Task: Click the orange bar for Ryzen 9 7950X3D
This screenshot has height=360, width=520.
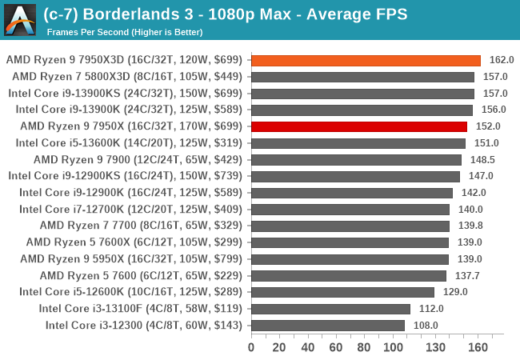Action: pyautogui.click(x=366, y=60)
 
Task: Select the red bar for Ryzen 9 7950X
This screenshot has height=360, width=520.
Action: pyautogui.click(x=358, y=126)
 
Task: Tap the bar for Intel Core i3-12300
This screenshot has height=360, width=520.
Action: pyautogui.click(x=327, y=325)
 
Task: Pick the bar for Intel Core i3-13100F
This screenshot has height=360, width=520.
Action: pyautogui.click(x=330, y=309)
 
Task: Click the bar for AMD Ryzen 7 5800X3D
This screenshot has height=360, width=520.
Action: pyautogui.click(x=362, y=77)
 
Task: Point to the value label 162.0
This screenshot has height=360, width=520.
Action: pyautogui.click(x=502, y=60)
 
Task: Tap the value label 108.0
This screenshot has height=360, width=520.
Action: pyautogui.click(x=425, y=325)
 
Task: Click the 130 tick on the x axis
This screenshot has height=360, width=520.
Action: pyautogui.click(x=435, y=347)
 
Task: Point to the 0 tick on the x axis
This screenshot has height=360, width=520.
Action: pyautogui.click(x=251, y=347)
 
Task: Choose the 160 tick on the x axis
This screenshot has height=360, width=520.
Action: pyautogui.click(x=478, y=347)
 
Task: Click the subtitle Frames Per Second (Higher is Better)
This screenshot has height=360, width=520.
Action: pyautogui.click(x=125, y=32)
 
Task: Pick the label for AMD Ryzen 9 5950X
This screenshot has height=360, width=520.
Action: pyautogui.click(x=133, y=258)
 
